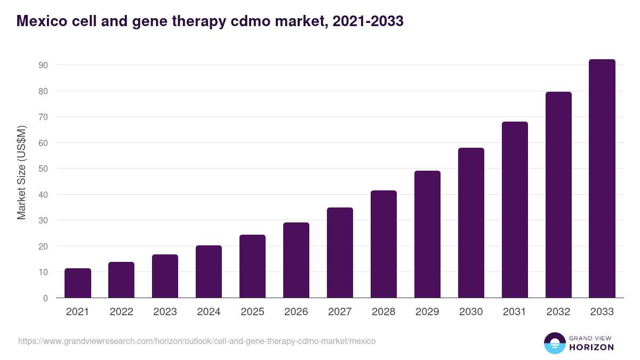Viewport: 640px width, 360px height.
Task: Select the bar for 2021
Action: point(78,283)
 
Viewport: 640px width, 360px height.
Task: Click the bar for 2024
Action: point(209,271)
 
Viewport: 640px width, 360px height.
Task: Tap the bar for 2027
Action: point(340,253)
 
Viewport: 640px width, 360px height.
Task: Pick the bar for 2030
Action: point(471,223)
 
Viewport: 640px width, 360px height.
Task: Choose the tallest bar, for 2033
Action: point(602,179)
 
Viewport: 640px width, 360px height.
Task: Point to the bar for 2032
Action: point(558,195)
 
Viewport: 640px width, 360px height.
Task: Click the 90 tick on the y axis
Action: point(43,65)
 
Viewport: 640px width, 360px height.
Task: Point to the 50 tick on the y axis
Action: point(43,169)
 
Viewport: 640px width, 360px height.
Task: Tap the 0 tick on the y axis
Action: point(45,298)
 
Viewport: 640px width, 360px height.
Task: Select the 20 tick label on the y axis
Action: point(43,246)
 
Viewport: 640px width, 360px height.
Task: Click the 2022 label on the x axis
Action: point(122,312)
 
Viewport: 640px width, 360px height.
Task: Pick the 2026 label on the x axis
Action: point(296,312)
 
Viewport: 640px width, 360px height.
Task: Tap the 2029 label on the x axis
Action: point(427,312)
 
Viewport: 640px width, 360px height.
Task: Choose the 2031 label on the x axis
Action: point(515,312)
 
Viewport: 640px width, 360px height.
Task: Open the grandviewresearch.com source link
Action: point(197,341)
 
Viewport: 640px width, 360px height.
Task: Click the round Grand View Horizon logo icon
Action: point(554,343)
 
